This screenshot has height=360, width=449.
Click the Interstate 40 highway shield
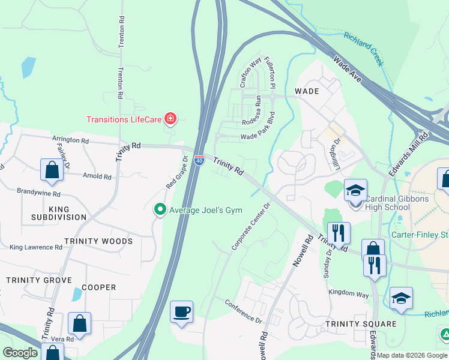(200, 160)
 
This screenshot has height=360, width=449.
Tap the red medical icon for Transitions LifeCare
(170, 119)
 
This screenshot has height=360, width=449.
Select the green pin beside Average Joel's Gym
(160, 209)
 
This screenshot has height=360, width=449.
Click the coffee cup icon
(182, 312)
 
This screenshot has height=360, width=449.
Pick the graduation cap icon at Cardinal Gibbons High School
(355, 191)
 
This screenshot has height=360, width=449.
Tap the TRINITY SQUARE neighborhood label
(361, 324)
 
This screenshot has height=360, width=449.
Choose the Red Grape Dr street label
(177, 173)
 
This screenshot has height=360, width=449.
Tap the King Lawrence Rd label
(36, 247)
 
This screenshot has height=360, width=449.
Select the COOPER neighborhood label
(98, 287)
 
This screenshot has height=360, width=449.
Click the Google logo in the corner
(20, 352)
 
